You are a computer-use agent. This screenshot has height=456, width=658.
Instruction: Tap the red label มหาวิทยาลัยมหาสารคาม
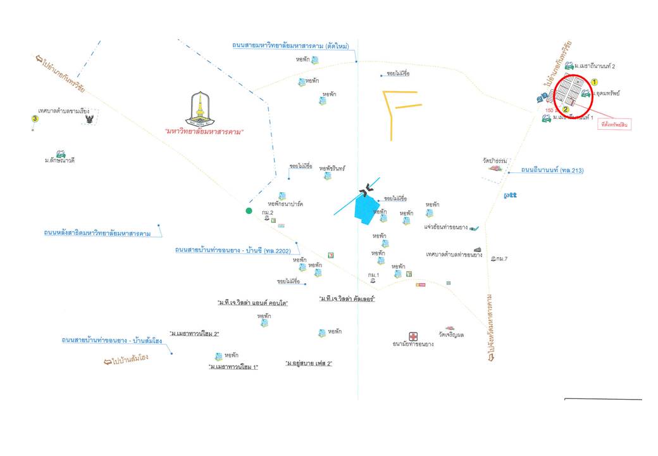point(204,132)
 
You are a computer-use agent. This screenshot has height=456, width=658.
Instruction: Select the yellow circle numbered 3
point(35,118)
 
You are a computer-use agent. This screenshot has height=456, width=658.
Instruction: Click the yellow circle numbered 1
point(594,82)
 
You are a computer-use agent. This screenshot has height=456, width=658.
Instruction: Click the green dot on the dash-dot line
point(249,211)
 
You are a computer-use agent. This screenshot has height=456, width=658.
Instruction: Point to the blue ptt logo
point(510,195)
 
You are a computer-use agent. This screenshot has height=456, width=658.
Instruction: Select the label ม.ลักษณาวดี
point(60,160)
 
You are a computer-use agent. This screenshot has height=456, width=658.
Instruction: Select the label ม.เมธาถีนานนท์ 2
point(595,66)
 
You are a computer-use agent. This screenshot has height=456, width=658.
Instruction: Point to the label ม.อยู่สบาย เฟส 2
point(309,364)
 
